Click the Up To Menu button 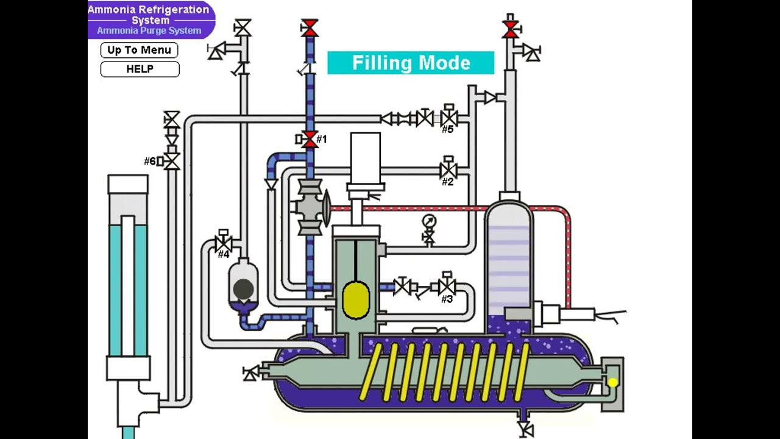pyautogui.click(x=140, y=50)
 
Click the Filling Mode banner pyautogui.click(x=411, y=63)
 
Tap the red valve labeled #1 pyautogui.click(x=310, y=140)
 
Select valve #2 pyautogui.click(x=448, y=170)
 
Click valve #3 pyautogui.click(x=447, y=286)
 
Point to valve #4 pyautogui.click(x=224, y=244)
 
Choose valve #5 pyautogui.click(x=448, y=118)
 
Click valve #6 pyautogui.click(x=172, y=161)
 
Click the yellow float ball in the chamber pyautogui.click(x=356, y=300)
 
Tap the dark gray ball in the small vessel pyautogui.click(x=244, y=288)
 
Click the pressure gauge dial pyautogui.click(x=429, y=221)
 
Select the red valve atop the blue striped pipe pyautogui.click(x=310, y=27)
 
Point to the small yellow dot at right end pyautogui.click(x=612, y=382)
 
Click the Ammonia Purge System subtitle pyautogui.click(x=149, y=30)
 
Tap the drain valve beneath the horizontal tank pyautogui.click(x=525, y=427)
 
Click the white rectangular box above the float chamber pyautogui.click(x=366, y=157)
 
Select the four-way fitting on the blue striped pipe pyautogui.click(x=310, y=208)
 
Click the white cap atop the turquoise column pyautogui.click(x=128, y=184)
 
